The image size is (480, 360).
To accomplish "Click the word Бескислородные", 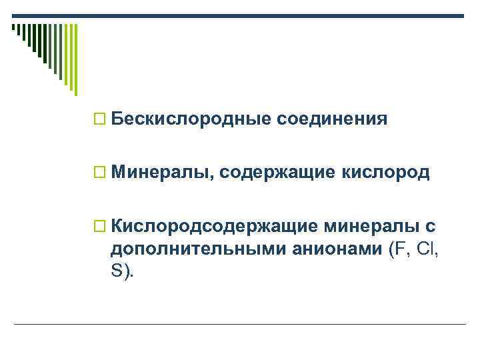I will click(x=191, y=120).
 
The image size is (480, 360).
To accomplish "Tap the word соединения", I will click(x=332, y=120).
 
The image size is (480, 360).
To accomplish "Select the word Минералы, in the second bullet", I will click(x=163, y=174).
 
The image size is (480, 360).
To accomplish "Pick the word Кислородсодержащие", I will click(x=214, y=227).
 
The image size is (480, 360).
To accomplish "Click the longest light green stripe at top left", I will click(x=75, y=59).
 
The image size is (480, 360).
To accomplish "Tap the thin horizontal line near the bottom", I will click(x=240, y=324).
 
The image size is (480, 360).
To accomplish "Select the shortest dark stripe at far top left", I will click(x=13, y=28).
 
